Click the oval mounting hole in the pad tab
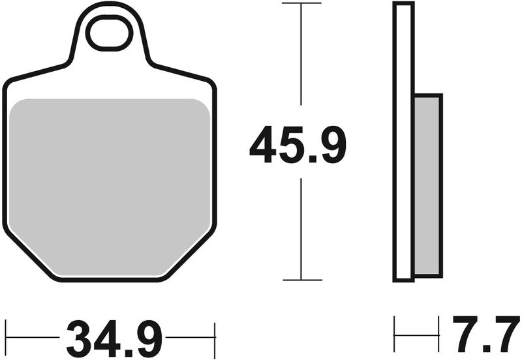point(109,34)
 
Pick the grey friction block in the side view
point(427,184)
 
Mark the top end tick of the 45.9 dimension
point(301,3)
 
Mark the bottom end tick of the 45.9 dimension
point(301,280)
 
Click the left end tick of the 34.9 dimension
point(6,338)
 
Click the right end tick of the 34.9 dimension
point(215,338)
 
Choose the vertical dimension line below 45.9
point(301,228)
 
